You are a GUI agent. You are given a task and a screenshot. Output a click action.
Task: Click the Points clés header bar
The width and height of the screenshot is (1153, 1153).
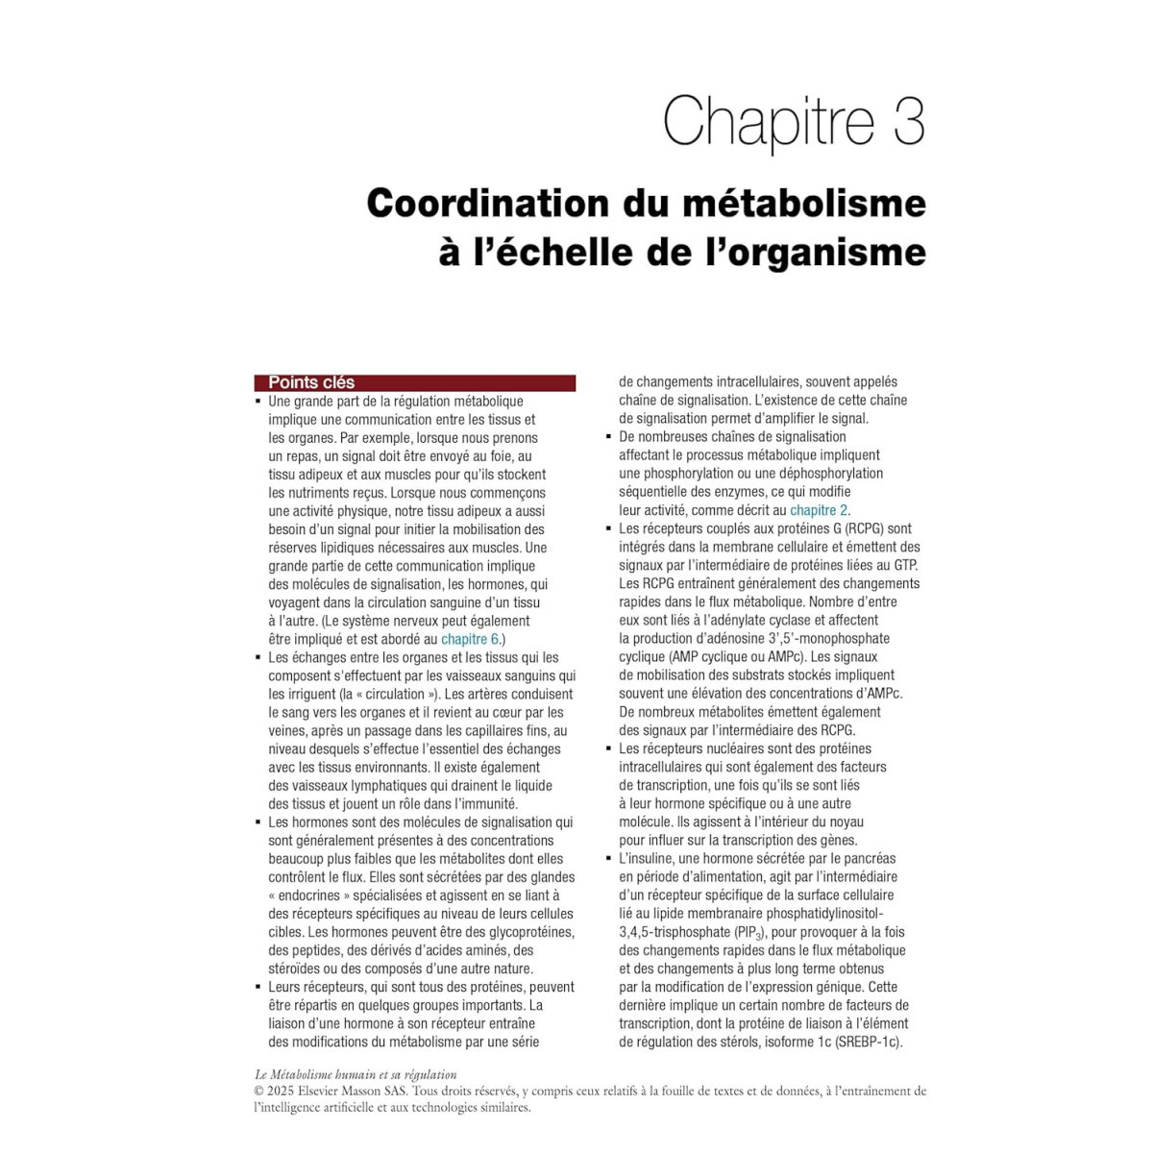(x=414, y=382)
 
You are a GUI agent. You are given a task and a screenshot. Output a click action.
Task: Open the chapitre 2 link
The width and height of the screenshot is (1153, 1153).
(x=819, y=510)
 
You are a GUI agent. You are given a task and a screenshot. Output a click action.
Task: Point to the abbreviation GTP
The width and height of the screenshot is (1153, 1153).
(x=904, y=565)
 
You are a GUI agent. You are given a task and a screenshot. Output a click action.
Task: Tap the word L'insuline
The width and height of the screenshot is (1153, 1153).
(x=648, y=858)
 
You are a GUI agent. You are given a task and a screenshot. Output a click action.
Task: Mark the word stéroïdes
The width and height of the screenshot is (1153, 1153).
(x=297, y=969)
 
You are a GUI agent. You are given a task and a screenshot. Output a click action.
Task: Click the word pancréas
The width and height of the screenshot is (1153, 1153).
(x=869, y=858)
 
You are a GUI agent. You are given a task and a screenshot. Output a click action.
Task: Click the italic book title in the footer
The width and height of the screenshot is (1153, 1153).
(x=356, y=1075)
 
